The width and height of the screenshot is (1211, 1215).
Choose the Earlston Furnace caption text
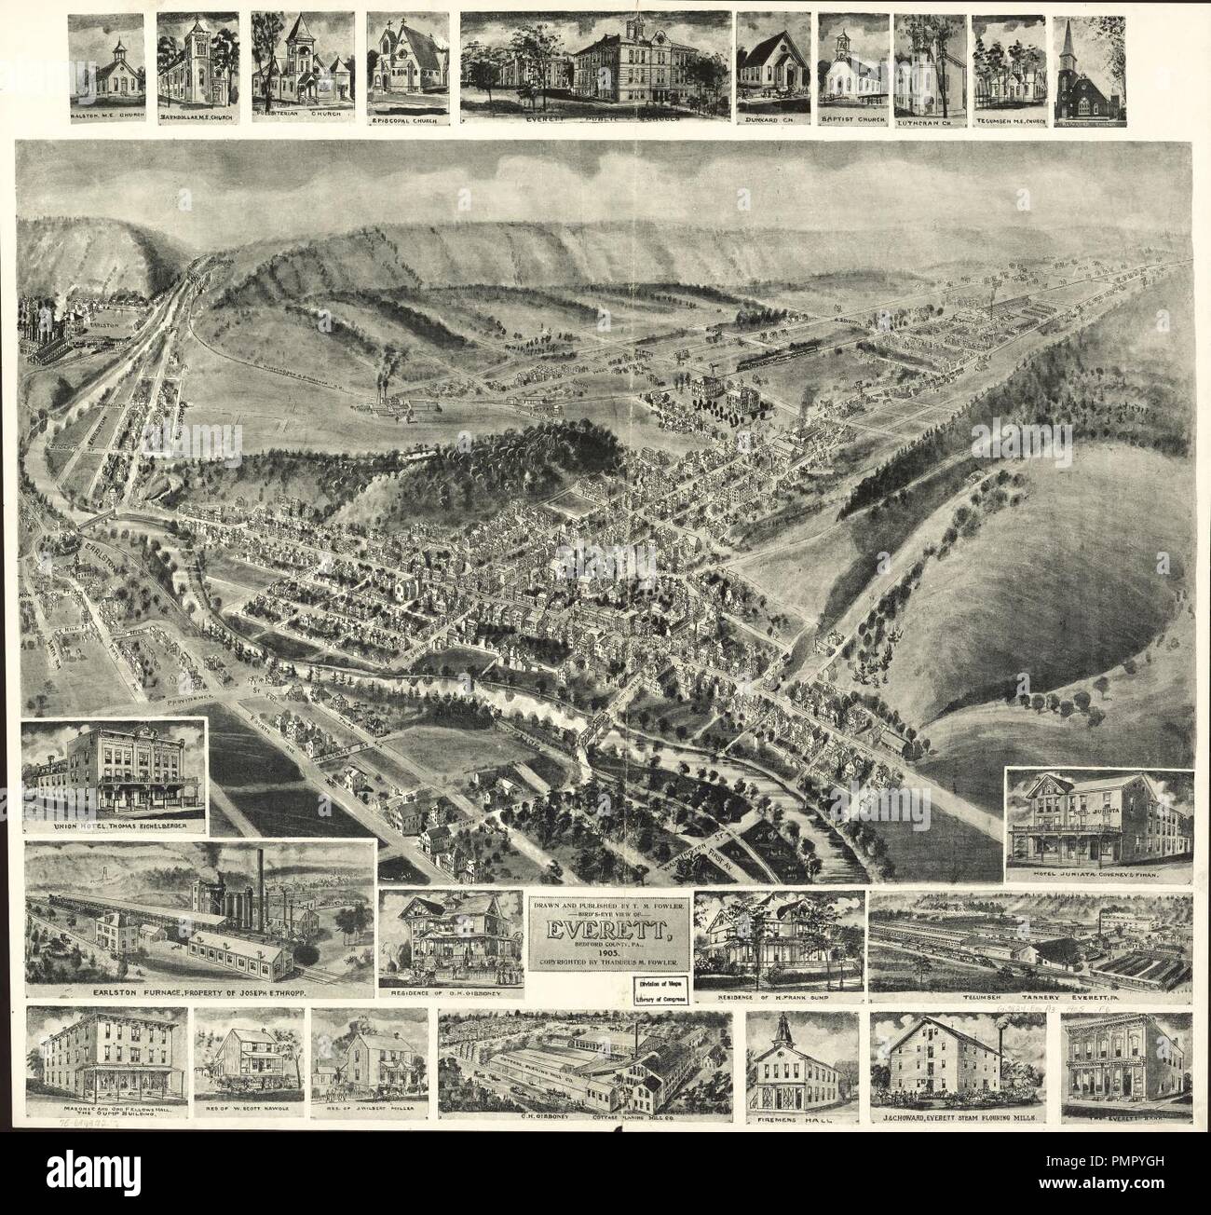coord(198,994)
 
